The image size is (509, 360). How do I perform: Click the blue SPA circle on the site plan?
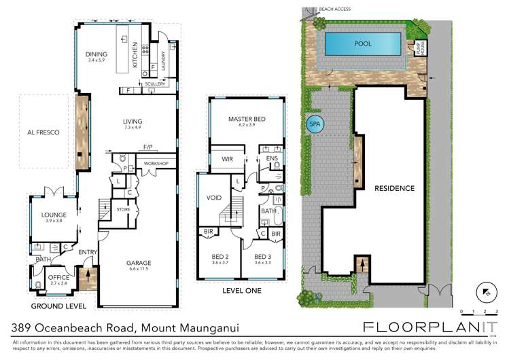[314, 124]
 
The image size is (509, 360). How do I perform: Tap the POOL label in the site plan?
[364, 43]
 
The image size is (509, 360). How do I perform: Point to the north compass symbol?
[485, 290]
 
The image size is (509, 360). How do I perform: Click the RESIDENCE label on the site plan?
[394, 188]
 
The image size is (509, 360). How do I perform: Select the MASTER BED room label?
[247, 119]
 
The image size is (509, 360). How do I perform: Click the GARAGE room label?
[138, 263]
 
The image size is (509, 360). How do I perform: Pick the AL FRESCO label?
[43, 132]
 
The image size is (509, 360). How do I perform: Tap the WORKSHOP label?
[156, 164]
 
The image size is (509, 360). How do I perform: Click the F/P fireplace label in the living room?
[147, 147]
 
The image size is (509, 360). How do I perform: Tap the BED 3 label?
[262, 256]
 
